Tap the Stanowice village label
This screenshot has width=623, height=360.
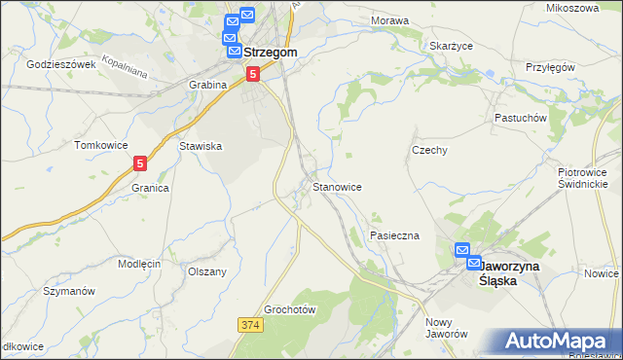[338, 186]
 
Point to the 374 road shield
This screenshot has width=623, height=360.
[250, 322]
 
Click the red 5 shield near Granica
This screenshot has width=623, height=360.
[141, 165]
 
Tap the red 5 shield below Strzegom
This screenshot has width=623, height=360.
[252, 73]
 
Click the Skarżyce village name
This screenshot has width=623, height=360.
[451, 45]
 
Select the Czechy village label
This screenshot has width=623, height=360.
[429, 151]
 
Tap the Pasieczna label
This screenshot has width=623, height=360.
[394, 235]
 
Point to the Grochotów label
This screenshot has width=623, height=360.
[291, 309]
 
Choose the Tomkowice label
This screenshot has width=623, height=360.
[101, 145]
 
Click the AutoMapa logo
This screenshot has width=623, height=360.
[556, 340]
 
